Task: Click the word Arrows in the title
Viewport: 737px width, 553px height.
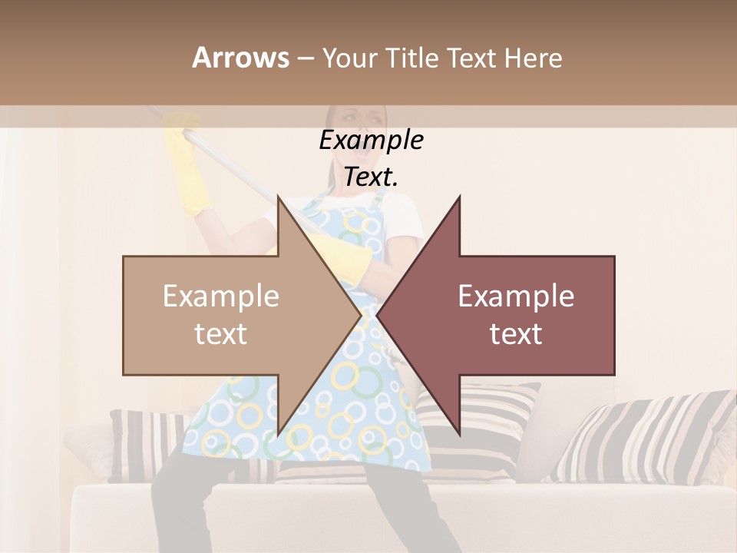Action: (240, 58)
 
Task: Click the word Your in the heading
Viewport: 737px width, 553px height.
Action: (350, 58)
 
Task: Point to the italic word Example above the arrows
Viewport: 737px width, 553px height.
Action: (371, 140)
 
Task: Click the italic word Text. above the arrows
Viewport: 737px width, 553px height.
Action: (371, 177)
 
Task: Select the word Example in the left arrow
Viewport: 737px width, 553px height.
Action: (221, 296)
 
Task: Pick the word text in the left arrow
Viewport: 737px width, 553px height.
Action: (221, 333)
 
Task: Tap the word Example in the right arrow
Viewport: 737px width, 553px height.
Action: (516, 296)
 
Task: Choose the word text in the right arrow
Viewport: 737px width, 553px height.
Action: (516, 333)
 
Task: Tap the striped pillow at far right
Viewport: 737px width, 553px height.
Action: (653, 438)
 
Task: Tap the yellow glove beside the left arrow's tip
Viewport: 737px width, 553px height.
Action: (349, 257)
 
